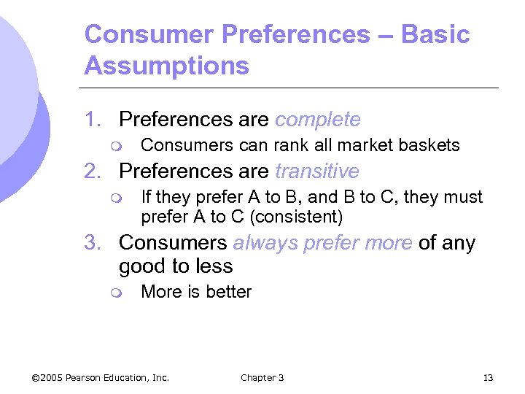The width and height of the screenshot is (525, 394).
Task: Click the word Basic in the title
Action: coord(436,34)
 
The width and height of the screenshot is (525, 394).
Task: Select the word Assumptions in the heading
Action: coord(166,66)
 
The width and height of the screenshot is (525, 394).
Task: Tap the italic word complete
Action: coord(318,120)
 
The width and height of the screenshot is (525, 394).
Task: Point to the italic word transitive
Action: coord(317,171)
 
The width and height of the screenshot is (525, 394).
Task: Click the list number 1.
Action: coord(92,120)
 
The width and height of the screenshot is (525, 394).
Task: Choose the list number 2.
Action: coord(92,171)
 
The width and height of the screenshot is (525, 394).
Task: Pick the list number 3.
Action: coord(92,243)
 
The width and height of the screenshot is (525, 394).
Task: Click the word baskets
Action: coord(430,145)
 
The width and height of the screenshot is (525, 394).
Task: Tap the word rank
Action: coord(287,145)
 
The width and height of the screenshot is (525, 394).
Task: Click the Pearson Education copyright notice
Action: coord(101,377)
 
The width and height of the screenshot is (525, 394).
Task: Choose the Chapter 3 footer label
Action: coord(262,377)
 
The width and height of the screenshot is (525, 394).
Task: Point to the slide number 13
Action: coord(488,377)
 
